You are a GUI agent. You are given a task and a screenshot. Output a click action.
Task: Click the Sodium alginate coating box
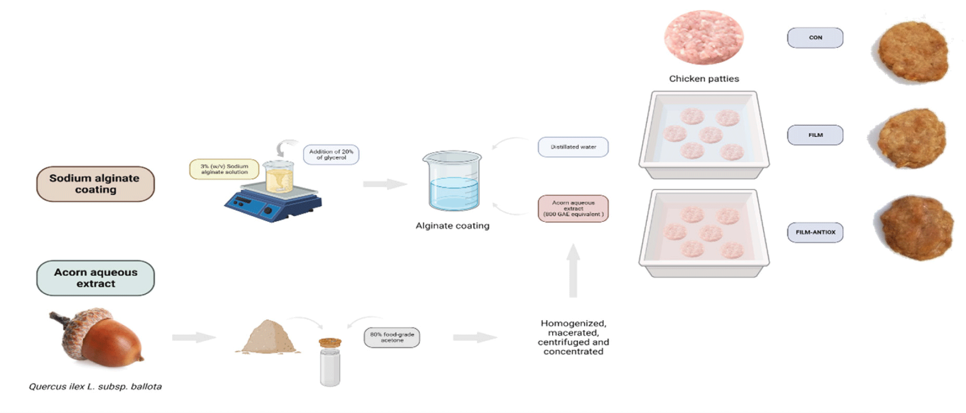point(95,184)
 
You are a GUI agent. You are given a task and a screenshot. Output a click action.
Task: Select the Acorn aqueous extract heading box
point(95,278)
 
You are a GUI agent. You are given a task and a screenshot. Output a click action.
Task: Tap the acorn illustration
point(99,338)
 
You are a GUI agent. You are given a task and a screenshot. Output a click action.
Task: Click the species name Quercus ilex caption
point(95,387)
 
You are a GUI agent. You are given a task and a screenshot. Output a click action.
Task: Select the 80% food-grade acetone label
point(392,337)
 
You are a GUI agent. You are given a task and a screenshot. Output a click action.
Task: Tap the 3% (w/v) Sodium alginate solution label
point(224,169)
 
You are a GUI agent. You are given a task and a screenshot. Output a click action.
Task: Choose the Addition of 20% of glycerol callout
point(331,155)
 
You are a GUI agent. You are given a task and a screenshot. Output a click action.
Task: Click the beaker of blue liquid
point(453,182)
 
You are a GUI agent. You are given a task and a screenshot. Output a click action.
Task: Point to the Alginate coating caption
point(452,226)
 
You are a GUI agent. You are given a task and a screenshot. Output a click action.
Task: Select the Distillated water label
point(573,147)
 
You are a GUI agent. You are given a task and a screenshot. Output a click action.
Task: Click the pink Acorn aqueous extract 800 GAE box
point(573,209)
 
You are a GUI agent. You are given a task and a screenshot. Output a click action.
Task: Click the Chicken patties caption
point(704,79)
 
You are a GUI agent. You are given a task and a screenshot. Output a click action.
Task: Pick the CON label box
point(815,38)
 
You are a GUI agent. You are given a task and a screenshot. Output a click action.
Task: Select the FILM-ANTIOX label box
point(815,232)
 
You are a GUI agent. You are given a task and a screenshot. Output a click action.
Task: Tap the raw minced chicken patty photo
point(704,37)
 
